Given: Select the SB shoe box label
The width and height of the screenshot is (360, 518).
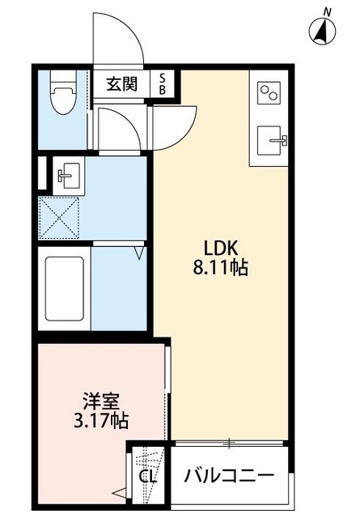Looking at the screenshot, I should pyautogui.click(x=163, y=83).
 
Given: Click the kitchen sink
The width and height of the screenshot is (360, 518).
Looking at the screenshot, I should pyautogui.click(x=271, y=142).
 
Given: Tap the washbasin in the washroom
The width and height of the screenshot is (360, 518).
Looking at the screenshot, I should pyautogui.click(x=66, y=173).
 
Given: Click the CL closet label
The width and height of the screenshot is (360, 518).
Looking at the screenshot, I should pyautogui.click(x=147, y=475).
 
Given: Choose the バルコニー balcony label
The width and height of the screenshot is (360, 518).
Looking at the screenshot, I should pyautogui.click(x=229, y=475).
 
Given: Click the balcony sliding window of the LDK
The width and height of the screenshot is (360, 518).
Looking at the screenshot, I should pyautogui.click(x=230, y=443).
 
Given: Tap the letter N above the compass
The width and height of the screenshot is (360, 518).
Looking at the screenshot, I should pyautogui.click(x=327, y=11).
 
